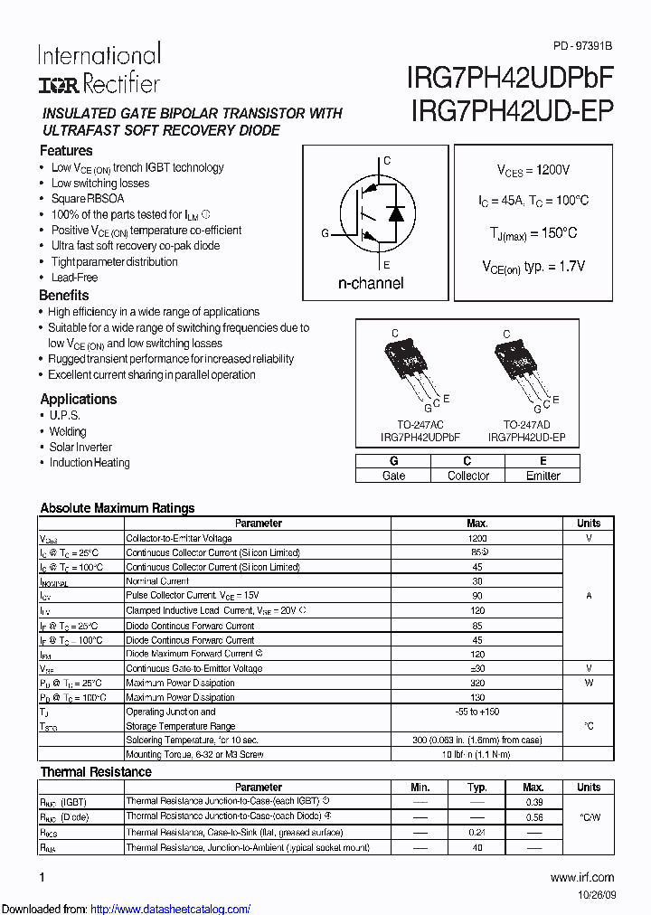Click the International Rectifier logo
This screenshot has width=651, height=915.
(x=99, y=69)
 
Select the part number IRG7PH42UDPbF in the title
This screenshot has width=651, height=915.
(x=512, y=77)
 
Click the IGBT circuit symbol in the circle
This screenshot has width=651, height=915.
(x=373, y=212)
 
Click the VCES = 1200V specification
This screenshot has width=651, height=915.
(x=533, y=170)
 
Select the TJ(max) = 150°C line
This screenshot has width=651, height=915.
(x=533, y=233)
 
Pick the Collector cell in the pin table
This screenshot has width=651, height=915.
(x=467, y=476)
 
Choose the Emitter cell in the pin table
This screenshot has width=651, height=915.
(x=542, y=476)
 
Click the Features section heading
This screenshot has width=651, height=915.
(x=66, y=151)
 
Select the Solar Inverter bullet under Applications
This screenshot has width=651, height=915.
(x=80, y=447)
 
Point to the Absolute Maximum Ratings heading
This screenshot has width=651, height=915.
(x=118, y=508)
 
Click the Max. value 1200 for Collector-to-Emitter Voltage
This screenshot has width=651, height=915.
(x=476, y=538)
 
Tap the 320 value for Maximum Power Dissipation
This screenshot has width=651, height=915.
(x=476, y=683)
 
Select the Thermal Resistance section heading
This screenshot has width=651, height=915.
(x=96, y=772)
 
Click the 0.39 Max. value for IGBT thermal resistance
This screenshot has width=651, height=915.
(x=533, y=802)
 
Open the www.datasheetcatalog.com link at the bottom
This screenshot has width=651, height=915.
(x=171, y=909)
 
